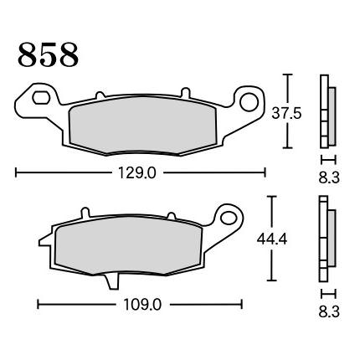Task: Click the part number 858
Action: [49, 54]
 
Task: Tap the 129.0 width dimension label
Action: [137, 173]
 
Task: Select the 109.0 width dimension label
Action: [142, 305]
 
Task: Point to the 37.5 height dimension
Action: [286, 114]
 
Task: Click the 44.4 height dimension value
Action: [272, 239]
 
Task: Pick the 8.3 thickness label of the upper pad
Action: [329, 177]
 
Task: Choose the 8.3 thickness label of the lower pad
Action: [329, 311]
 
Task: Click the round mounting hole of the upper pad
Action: [249, 102]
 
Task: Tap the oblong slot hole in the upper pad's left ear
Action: [41, 98]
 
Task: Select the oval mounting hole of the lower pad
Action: [229, 218]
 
